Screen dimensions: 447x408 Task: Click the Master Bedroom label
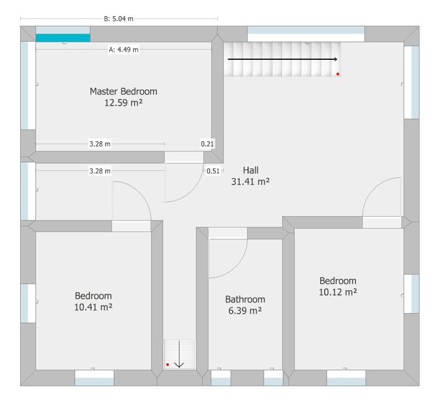pyautogui.click(x=123, y=92)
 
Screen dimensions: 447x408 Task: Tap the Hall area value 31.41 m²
pyautogui.click(x=250, y=181)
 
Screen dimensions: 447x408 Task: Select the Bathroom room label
pyautogui.click(x=245, y=299)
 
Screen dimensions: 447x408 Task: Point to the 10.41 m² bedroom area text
pyautogui.click(x=93, y=307)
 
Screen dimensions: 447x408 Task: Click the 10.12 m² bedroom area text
pyautogui.click(x=338, y=292)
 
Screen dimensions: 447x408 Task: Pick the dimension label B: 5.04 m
pyautogui.click(x=118, y=19)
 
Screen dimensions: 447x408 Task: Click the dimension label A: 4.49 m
pyautogui.click(x=123, y=50)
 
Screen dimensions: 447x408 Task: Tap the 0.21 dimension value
pyautogui.click(x=207, y=144)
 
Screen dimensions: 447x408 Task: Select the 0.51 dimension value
pyautogui.click(x=213, y=171)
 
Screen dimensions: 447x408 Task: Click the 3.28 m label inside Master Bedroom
pyautogui.click(x=100, y=144)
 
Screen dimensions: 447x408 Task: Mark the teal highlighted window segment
pyautogui.click(x=63, y=37)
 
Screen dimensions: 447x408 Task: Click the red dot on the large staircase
pyautogui.click(x=338, y=74)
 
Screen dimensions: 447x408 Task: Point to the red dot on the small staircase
pyautogui.click(x=168, y=364)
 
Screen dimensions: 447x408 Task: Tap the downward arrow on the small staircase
pyautogui.click(x=179, y=354)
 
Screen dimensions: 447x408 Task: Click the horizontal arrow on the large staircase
pyautogui.click(x=283, y=59)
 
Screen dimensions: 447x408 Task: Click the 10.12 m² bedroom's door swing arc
pyautogui.click(x=373, y=188)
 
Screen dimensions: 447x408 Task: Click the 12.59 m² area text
pyautogui.click(x=123, y=103)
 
